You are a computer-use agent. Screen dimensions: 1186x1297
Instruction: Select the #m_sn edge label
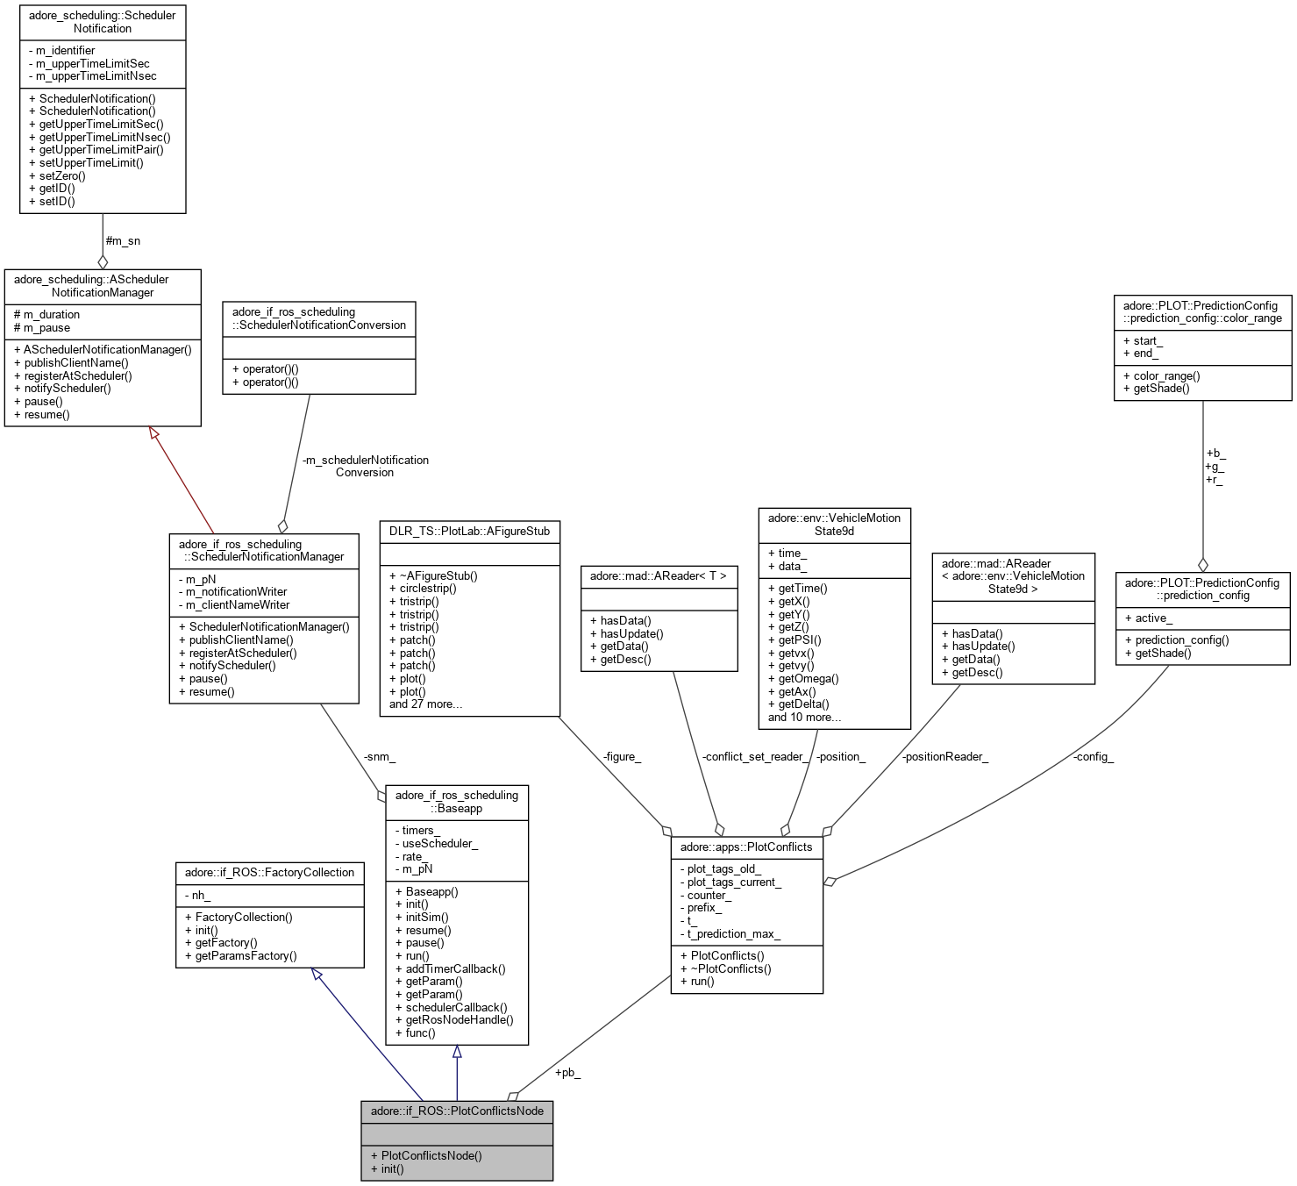click(123, 240)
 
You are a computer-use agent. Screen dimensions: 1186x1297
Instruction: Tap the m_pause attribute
click(46, 327)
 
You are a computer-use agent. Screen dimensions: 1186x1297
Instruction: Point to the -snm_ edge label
click(380, 756)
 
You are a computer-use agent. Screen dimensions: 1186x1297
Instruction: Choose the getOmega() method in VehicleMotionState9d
click(808, 678)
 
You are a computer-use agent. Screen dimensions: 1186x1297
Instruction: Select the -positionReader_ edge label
click(944, 756)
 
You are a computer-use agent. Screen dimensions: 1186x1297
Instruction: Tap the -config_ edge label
click(1093, 756)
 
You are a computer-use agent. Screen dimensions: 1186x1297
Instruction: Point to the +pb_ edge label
click(567, 1072)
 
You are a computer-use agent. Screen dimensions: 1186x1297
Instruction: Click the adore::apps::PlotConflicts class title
click(746, 847)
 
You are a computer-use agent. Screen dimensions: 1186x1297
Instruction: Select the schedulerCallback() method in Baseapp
click(456, 1007)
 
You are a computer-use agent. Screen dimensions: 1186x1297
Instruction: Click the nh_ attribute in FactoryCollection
click(201, 895)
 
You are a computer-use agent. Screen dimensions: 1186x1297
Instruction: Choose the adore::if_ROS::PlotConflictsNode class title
click(457, 1111)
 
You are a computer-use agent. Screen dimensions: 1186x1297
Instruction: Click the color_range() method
click(1166, 375)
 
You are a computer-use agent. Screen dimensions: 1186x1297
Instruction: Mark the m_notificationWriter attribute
click(236, 591)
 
